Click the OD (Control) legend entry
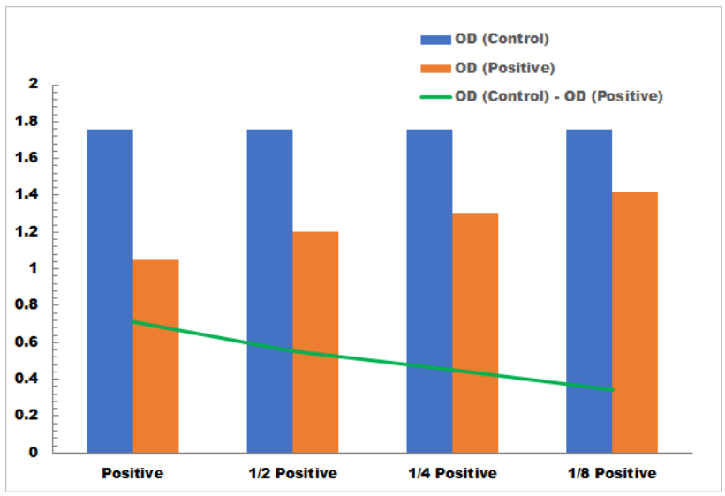[502, 39]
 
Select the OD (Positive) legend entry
[504, 68]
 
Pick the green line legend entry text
[558, 96]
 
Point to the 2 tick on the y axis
[34, 85]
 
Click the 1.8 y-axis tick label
[28, 121]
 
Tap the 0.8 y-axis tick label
[28, 305]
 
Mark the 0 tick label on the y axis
[34, 452]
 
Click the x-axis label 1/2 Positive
[292, 474]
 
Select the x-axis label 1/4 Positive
[452, 474]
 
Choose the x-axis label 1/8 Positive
[612, 474]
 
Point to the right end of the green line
[612, 389]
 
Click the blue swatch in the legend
[435, 39]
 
